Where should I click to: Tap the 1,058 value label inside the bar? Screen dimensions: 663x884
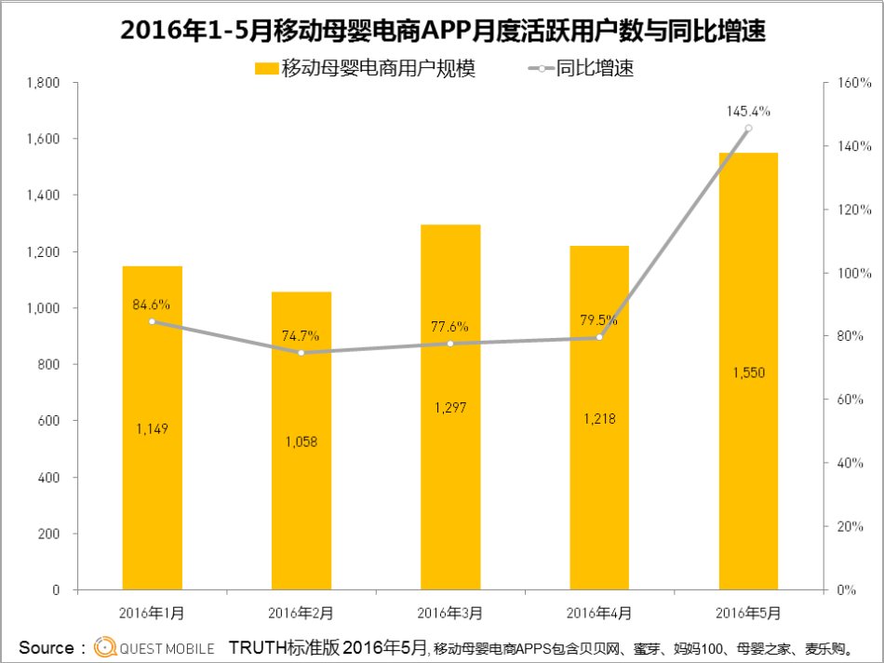point(301,441)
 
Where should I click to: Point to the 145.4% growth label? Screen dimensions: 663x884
point(748,111)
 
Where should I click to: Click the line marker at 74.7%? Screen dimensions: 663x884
point(301,353)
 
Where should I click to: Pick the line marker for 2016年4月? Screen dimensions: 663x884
point(599,337)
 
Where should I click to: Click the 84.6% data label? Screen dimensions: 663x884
point(152,304)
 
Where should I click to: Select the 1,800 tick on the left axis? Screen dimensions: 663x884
point(44,83)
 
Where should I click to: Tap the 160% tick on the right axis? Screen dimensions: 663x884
point(853,83)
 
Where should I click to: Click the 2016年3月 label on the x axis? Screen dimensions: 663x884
point(450,613)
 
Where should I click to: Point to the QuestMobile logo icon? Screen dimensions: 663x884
point(105,647)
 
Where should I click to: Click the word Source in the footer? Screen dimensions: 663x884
point(46,647)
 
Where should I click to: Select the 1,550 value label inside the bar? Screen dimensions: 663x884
point(748,372)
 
